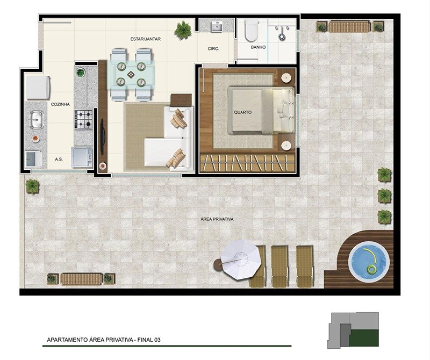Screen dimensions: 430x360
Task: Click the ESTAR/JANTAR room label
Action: pos(145,39)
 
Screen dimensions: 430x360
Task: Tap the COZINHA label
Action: pos(60,104)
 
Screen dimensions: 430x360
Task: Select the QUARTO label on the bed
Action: pos(243,112)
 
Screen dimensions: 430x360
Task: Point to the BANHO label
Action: pos(258,47)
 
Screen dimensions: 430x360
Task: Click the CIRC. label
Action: pos(213,49)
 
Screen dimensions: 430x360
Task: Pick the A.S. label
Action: pos(59,159)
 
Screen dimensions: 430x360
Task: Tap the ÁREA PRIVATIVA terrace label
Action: pos(217,219)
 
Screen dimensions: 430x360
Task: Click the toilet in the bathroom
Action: pos(252,30)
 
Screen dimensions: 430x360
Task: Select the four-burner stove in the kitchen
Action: pos(83,119)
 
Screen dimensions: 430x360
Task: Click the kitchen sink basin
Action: pos(36,119)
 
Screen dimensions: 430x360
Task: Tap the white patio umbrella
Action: pos(240,259)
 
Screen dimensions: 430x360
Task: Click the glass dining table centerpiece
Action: pos(131,74)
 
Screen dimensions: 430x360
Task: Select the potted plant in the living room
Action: pos(183,30)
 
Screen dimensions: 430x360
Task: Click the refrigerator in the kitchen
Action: pos(38,88)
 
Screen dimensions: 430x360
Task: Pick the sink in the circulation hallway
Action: pos(218,27)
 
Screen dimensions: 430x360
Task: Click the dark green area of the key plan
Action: pos(364,338)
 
